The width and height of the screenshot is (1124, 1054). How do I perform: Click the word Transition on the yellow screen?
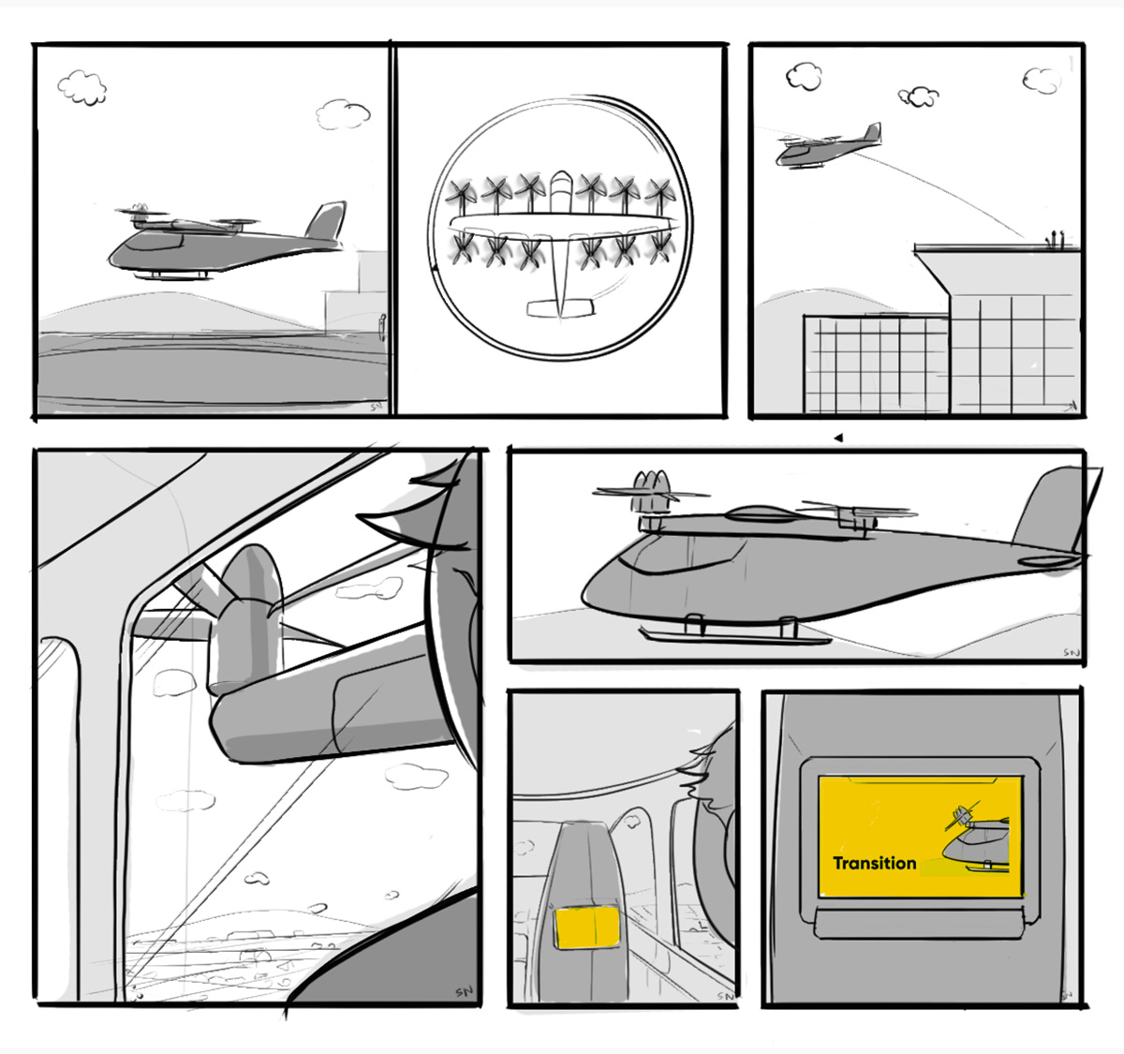pyautogui.click(x=874, y=863)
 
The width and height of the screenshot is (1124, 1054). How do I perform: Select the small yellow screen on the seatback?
pyautogui.click(x=587, y=928)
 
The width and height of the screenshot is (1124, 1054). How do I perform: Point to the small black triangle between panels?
pyautogui.click(x=838, y=438)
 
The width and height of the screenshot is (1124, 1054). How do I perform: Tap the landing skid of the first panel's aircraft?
pyautogui.click(x=172, y=275)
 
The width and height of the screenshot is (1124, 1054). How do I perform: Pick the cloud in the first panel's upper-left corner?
pyautogui.click(x=82, y=87)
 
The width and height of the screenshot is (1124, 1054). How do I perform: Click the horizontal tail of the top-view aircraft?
pyautogui.click(x=560, y=308)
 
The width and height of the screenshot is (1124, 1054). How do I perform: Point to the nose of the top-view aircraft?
pyautogui.click(x=560, y=178)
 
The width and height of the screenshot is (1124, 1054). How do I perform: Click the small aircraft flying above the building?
pyautogui.click(x=826, y=148)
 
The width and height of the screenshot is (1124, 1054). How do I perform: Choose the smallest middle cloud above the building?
pyautogui.click(x=919, y=96)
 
